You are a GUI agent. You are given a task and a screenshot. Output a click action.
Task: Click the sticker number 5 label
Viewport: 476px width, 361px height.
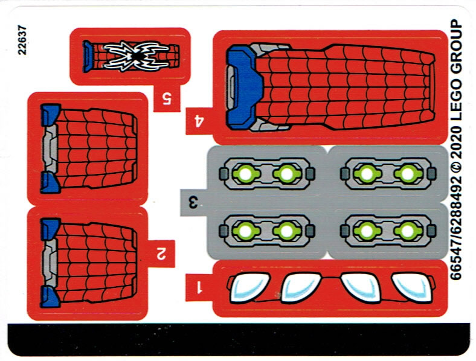coord(167,98)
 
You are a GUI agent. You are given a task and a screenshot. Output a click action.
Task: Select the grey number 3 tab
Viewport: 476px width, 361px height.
coord(193,202)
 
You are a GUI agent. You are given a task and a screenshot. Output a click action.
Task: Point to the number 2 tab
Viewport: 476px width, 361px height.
coord(161,254)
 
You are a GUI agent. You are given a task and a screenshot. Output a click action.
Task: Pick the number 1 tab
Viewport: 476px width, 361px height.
coord(199,287)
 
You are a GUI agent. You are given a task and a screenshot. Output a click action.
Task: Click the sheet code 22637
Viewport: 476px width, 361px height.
coord(22,40)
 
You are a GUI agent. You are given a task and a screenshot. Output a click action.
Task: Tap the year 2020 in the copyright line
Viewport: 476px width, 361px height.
coord(455,145)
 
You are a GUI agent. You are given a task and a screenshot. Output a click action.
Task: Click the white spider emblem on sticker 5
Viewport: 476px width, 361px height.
coord(136,56)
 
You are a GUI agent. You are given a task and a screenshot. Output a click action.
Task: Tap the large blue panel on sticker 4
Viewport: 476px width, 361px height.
coord(244,87)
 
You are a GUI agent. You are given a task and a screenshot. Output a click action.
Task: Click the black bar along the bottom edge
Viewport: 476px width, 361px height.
coord(239,339)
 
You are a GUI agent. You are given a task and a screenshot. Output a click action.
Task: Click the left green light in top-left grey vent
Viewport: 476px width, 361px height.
coord(246,174)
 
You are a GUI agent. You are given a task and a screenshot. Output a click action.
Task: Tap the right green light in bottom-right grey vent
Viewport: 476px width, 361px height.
coord(408,231)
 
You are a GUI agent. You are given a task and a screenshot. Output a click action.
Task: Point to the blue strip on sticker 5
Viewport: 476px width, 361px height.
coord(88,56)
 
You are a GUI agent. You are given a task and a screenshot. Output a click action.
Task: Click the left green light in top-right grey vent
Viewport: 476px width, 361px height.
coord(367,173)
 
